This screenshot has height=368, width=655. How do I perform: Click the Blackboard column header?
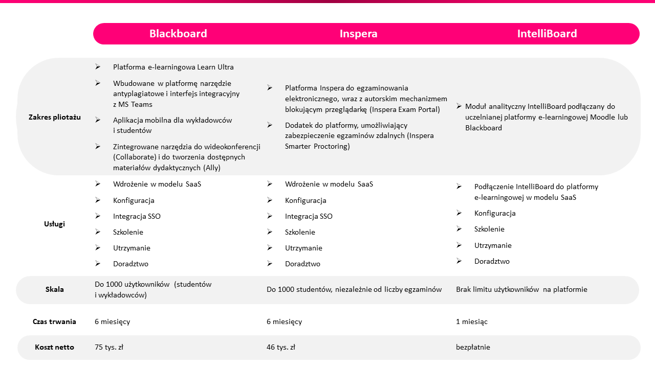178,34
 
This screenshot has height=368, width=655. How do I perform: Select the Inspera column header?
358,34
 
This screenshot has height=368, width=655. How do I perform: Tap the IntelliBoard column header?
547,34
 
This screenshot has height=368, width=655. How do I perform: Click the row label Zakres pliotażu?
55,117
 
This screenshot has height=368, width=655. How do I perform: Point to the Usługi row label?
55,224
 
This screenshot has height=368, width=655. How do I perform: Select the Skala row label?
55,289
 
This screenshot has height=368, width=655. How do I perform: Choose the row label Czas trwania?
55,321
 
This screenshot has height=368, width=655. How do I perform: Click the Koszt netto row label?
55,347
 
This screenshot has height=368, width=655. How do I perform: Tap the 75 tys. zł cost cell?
109,347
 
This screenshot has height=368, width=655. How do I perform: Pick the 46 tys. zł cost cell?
281,347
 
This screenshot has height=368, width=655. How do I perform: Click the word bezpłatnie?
473,347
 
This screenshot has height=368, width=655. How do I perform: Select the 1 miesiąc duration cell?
472,321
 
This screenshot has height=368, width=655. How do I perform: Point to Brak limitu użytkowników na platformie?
521,289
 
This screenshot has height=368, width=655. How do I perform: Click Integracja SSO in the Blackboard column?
137,216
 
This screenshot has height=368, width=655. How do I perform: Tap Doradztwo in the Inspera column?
302,264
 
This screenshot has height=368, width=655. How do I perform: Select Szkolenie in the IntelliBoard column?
489,229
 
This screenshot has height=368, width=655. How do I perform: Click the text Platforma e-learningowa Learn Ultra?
173,67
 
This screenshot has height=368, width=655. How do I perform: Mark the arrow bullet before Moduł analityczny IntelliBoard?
459,106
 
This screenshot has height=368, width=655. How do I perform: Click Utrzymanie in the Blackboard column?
132,248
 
